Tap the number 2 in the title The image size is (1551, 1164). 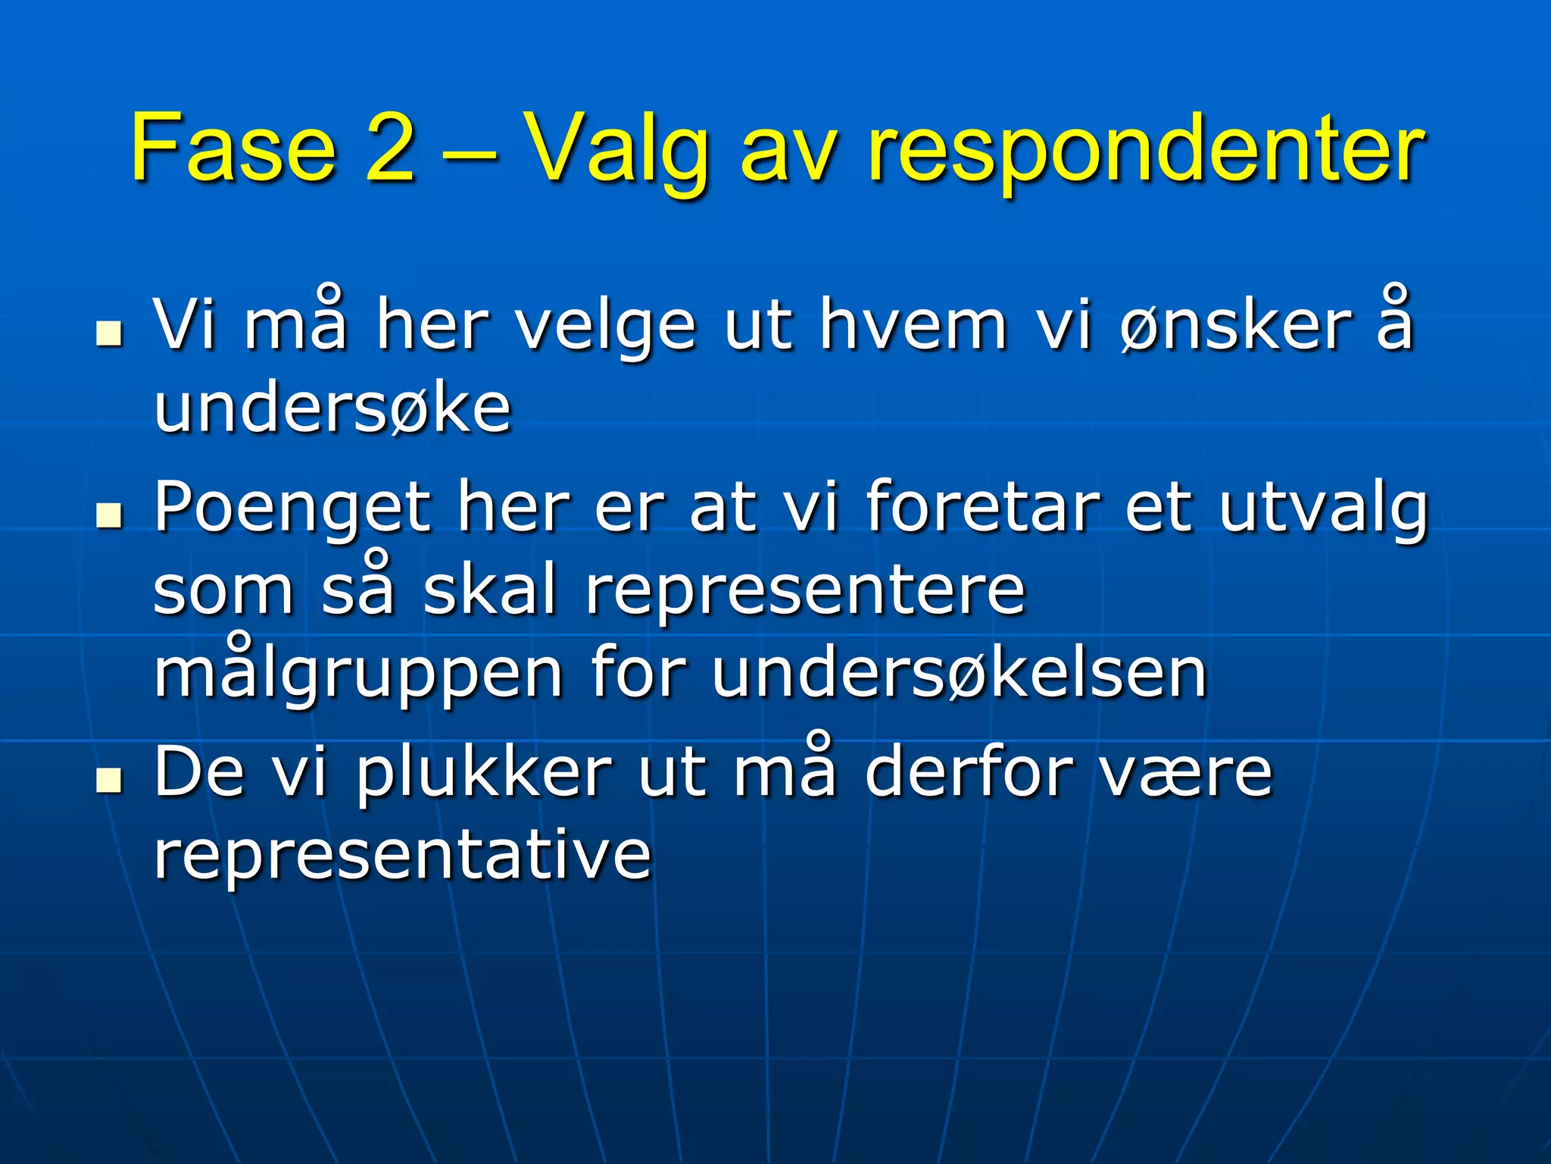[390, 148]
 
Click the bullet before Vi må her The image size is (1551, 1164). [110, 333]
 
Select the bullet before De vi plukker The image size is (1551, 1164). [110, 778]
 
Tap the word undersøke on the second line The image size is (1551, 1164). [332, 409]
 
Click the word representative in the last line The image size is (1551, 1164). [402, 856]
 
